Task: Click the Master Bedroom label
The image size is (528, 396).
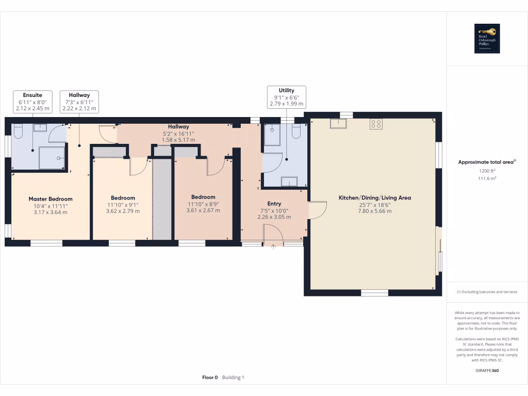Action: click(x=51, y=199)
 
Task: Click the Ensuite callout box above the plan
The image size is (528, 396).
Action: click(x=32, y=102)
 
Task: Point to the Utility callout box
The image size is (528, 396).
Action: click(x=286, y=97)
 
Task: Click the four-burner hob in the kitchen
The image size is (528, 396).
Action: click(x=376, y=124)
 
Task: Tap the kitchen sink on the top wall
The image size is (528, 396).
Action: click(x=338, y=123)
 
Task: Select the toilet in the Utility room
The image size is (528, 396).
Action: click(x=296, y=132)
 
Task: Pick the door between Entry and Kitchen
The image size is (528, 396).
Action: click(x=317, y=210)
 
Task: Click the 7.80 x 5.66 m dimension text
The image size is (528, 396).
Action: click(x=374, y=212)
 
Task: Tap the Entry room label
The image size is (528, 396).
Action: click(x=274, y=204)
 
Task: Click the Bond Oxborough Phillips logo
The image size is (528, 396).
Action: click(x=487, y=39)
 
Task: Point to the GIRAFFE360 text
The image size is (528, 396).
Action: click(x=487, y=370)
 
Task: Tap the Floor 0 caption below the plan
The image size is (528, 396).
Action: click(x=210, y=377)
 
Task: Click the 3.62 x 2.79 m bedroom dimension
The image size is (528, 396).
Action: click(x=123, y=211)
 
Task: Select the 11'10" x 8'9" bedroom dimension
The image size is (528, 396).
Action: click(x=203, y=204)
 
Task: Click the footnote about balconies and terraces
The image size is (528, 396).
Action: click(x=487, y=292)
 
